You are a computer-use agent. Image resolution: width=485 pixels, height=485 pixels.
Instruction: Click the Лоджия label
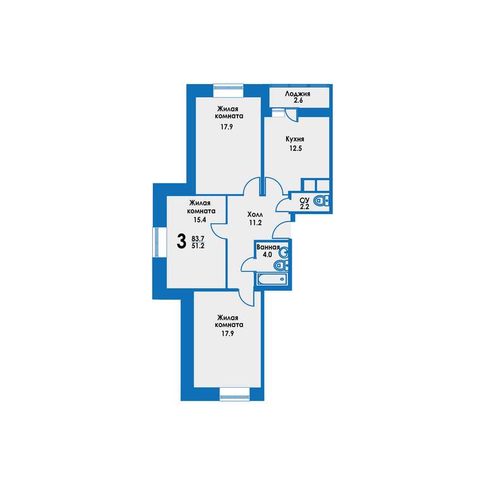(297, 93)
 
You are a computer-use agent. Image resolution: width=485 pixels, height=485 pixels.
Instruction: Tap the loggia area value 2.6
(298, 100)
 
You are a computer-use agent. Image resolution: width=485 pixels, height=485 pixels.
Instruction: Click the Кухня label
(295, 139)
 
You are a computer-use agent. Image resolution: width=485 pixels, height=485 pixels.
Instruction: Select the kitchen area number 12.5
(296, 148)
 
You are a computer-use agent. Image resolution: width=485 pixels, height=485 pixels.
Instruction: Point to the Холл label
(255, 214)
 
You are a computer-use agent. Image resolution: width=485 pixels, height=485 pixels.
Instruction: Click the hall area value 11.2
(256, 222)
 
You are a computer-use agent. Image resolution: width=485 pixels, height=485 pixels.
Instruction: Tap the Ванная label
(268, 247)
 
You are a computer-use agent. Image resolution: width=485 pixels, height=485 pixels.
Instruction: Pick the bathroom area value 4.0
(267, 254)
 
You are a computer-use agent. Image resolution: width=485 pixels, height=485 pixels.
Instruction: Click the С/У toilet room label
(304, 201)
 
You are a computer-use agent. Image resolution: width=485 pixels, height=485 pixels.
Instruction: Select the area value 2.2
(304, 207)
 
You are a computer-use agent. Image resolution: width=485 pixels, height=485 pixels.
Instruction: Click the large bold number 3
(182, 242)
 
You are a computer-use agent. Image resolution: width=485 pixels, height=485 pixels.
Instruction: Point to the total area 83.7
(198, 239)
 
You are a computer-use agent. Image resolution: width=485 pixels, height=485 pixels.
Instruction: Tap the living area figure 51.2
(198, 246)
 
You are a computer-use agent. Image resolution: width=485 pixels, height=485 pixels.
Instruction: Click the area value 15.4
(200, 220)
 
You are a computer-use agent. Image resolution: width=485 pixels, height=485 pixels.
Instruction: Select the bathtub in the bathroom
(272, 279)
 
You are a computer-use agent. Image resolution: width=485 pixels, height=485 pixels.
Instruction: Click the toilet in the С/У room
(321, 201)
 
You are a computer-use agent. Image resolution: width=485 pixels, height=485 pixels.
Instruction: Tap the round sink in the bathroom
(284, 253)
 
